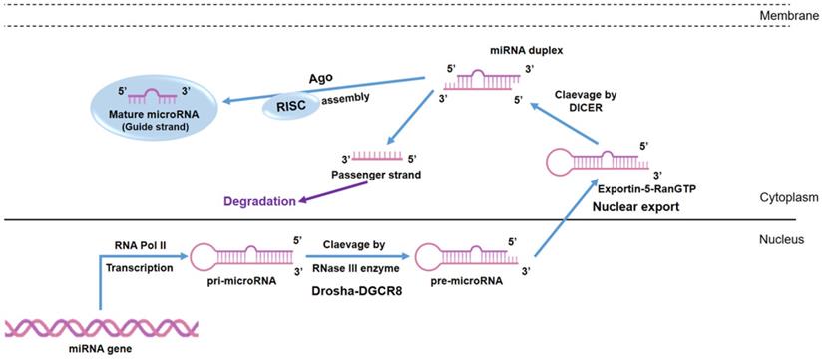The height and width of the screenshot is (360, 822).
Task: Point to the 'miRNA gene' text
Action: (x=104, y=351)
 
